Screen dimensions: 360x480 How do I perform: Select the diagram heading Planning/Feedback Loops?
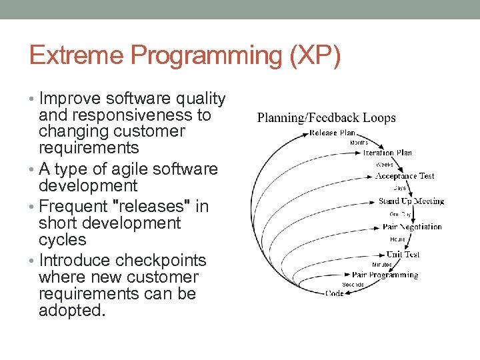[326, 118]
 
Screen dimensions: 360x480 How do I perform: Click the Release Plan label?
[333, 133]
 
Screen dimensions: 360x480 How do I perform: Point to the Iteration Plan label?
[387, 153]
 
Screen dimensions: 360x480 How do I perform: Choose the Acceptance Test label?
[405, 176]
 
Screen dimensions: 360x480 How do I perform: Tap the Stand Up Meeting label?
[411, 201]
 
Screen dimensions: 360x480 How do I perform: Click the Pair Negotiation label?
[412, 227]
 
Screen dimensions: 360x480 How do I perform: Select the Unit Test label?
[403, 254]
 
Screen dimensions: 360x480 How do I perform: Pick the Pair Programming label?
[385, 275]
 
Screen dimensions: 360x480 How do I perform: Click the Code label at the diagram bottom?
[335, 293]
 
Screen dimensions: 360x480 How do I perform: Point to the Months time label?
[358, 143]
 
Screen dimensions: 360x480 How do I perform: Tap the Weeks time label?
[385, 164]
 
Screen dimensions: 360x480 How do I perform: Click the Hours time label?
[397, 239]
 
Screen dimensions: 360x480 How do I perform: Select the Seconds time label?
[353, 285]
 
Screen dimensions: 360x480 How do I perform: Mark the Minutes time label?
[381, 265]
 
